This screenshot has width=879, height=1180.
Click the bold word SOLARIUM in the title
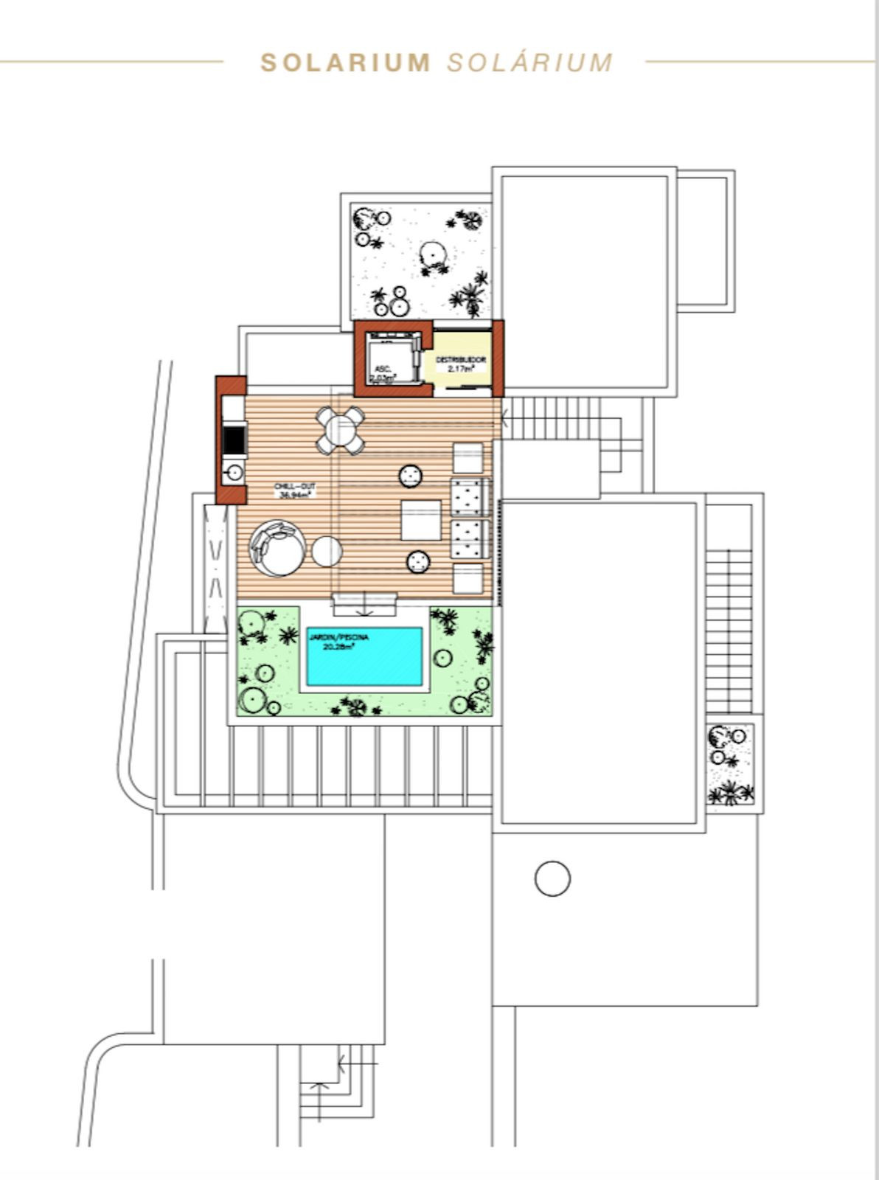tap(345, 63)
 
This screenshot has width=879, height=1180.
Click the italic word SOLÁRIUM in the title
tap(529, 63)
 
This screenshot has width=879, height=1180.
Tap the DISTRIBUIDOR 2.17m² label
tap(461, 364)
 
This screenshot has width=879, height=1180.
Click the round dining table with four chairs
tap(341, 430)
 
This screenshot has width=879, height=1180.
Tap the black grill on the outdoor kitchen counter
tap(233, 441)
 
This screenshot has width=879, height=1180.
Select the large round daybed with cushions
tap(277, 548)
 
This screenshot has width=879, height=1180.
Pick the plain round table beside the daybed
tap(327, 551)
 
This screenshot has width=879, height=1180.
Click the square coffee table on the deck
tap(421, 520)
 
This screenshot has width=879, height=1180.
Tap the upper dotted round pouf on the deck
tap(410, 476)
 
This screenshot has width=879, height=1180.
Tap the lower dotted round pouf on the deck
tap(418, 562)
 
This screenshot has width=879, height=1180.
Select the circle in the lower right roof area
tap(552, 878)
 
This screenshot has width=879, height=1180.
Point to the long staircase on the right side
tap(729, 627)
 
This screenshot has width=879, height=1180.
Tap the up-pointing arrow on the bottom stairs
tap(319, 1090)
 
